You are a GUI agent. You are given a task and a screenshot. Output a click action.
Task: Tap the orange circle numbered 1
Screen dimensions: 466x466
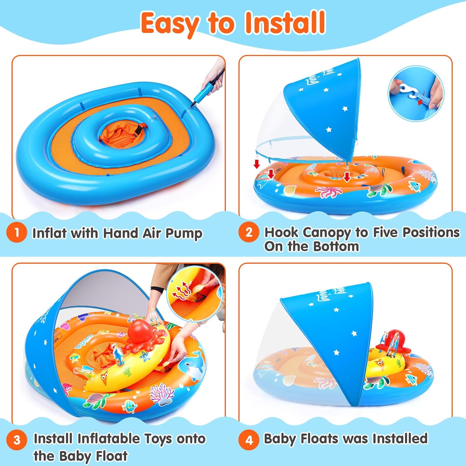click(x=16, y=233)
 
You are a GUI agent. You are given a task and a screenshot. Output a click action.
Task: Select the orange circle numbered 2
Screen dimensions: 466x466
click(x=249, y=232)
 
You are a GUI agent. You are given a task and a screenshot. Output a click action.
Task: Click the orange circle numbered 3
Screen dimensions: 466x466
click(x=17, y=440)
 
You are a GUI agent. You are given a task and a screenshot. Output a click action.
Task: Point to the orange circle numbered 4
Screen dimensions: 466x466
click(x=249, y=440)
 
